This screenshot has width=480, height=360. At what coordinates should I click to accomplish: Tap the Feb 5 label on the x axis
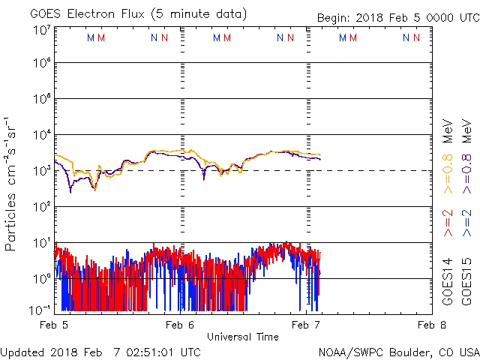54,325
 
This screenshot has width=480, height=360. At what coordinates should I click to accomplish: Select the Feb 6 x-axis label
181,325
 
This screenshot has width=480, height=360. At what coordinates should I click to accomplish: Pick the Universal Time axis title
243,337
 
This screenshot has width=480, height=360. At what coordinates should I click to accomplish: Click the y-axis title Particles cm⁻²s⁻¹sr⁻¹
11,184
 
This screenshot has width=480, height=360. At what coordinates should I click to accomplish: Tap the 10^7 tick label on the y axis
41,31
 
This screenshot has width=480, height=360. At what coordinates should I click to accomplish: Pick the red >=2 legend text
448,224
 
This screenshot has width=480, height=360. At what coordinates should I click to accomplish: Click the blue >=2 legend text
466,224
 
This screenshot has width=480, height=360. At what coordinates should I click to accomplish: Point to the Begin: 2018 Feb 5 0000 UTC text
386,16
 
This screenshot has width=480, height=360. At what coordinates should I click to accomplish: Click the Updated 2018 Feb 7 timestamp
100,352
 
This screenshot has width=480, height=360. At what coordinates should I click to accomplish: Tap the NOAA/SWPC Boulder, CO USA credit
398,352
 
